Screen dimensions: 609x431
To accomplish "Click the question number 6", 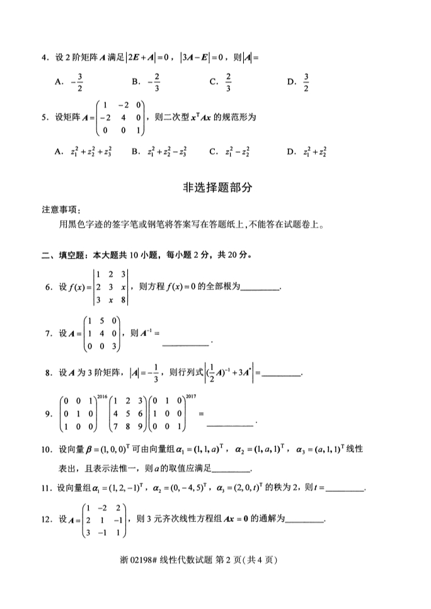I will pos(48,287).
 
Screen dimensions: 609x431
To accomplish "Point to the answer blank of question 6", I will pos(260,289).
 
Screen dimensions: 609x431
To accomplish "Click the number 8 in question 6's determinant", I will pos(123,300).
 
